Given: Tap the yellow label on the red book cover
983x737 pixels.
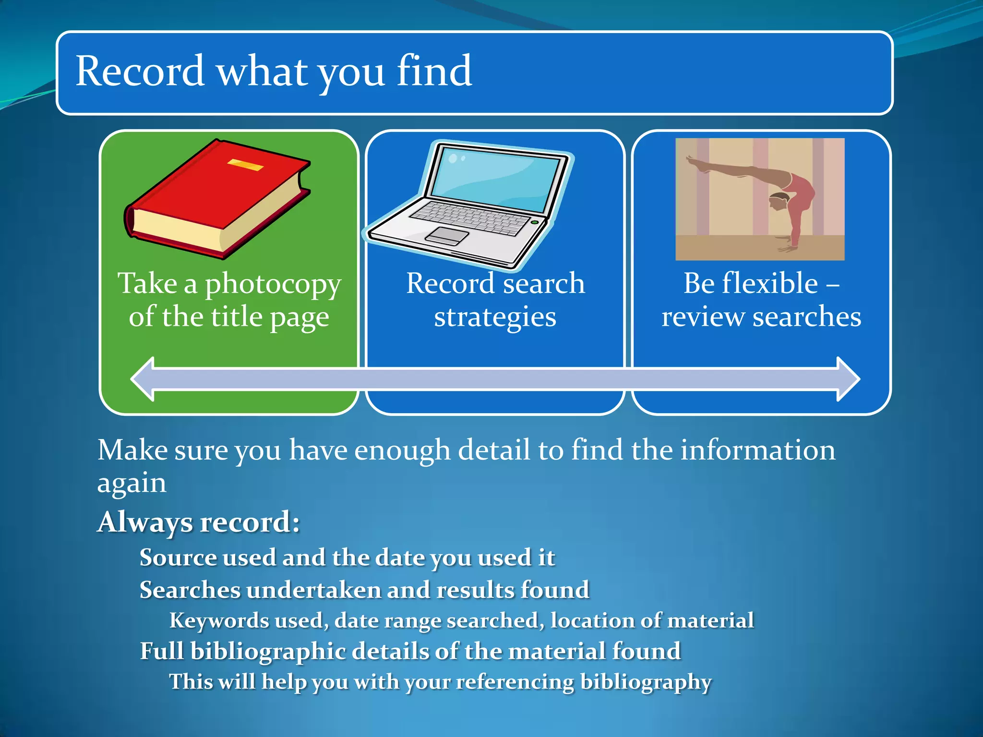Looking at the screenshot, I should pyautogui.click(x=245, y=165).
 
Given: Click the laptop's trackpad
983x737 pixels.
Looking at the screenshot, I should pyautogui.click(x=446, y=236).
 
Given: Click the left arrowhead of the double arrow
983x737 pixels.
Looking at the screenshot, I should pyautogui.click(x=143, y=379).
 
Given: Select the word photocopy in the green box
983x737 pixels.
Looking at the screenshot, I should pyautogui.click(x=273, y=285).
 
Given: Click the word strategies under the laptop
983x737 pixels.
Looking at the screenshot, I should pyautogui.click(x=495, y=317).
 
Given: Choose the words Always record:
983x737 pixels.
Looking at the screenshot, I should pyautogui.click(x=198, y=522).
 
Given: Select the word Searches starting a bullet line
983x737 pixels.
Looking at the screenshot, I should pyautogui.click(x=189, y=590).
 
